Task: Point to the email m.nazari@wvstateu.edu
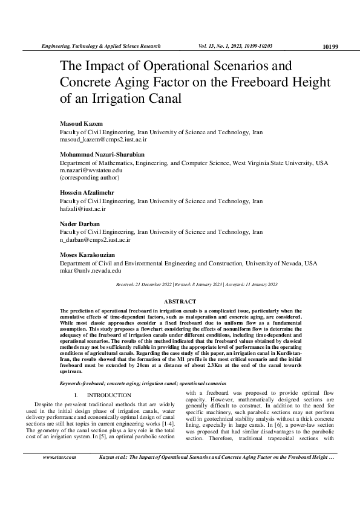tap(91, 170)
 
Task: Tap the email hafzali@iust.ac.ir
tap(82, 209)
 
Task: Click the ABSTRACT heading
tap(180, 301)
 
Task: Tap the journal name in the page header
tap(100, 46)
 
